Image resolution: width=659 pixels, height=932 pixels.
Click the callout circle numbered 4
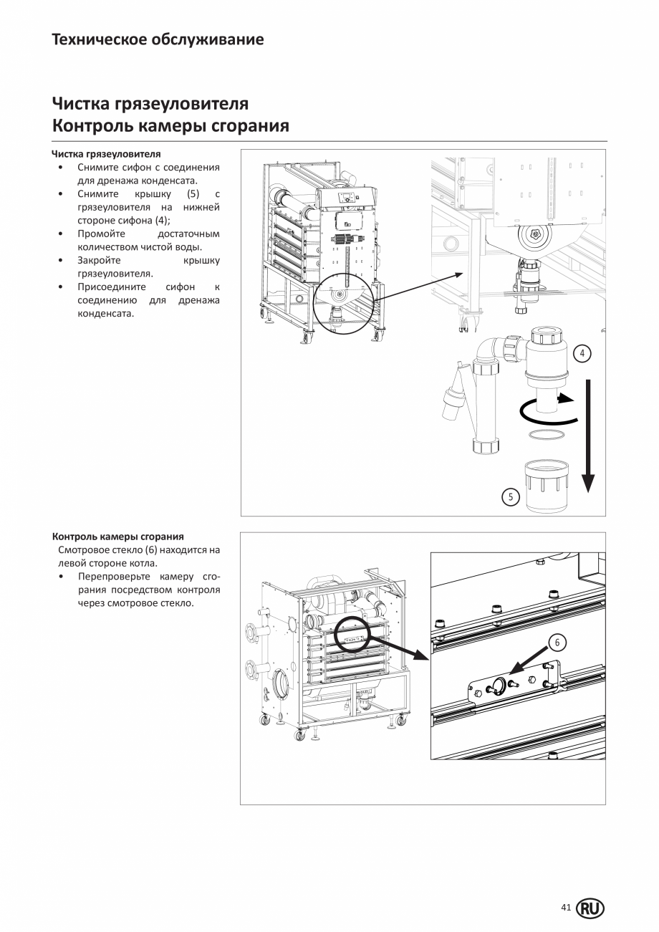pyautogui.click(x=582, y=353)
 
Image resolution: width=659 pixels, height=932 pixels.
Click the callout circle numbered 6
pyautogui.click(x=557, y=643)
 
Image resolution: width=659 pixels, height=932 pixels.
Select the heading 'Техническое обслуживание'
pyautogui.click(x=158, y=39)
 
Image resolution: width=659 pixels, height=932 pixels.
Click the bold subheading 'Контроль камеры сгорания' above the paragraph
pyautogui.click(x=117, y=536)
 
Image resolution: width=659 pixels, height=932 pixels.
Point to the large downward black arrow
pyautogui.click(x=587, y=437)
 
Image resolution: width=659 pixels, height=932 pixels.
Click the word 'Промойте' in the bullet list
pyautogui.click(x=101, y=234)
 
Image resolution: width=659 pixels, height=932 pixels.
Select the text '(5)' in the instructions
pyautogui.click(x=193, y=194)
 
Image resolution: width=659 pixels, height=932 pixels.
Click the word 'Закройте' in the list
pyautogui.click(x=99, y=260)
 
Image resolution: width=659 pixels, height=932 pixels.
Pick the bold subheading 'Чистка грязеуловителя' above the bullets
pyautogui.click(x=106, y=154)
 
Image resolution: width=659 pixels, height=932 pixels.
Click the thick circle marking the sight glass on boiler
pyautogui.click(x=353, y=633)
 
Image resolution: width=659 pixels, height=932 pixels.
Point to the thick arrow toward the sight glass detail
pyautogui.click(x=398, y=644)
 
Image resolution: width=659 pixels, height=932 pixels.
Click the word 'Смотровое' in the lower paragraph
pyautogui.click(x=82, y=549)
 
